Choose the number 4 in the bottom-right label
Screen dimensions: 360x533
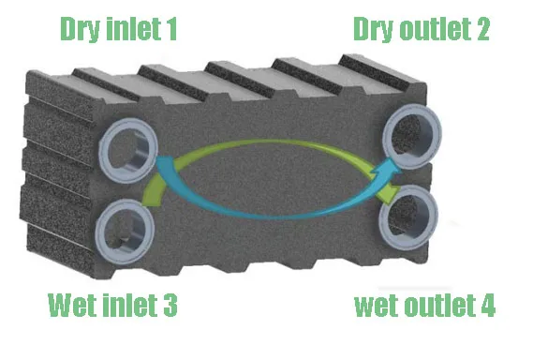click(487, 306)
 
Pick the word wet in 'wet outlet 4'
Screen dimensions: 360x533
click(375, 306)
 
